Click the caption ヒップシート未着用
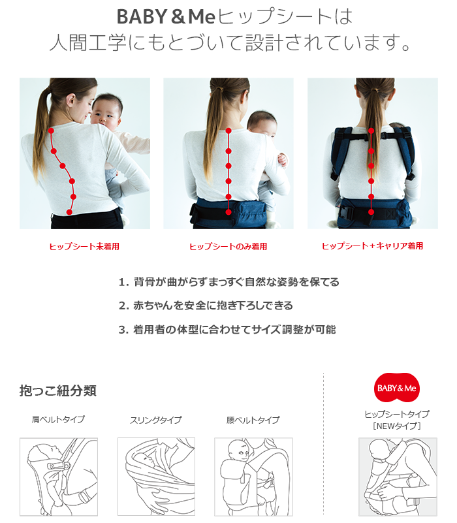tap(84, 246)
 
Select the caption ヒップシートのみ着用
tap(228, 246)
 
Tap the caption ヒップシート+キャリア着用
tap(372, 246)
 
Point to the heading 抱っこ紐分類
tap(58, 391)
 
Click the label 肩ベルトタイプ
tap(58, 420)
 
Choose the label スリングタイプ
tap(155, 420)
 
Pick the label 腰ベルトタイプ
tap(253, 420)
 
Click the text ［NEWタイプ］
tap(397, 426)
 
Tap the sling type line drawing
tap(156, 477)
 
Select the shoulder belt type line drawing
tap(58, 477)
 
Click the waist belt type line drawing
tap(253, 477)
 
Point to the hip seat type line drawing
tap(397, 477)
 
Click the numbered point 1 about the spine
tap(228, 282)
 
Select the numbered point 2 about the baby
tap(206, 306)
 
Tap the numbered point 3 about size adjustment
tap(227, 329)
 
